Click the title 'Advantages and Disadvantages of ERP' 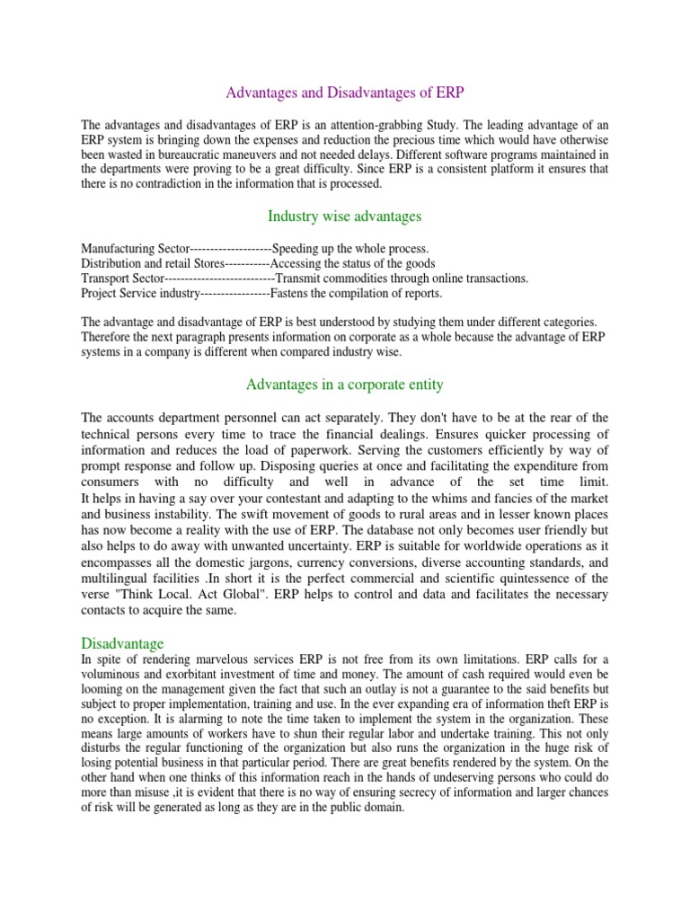point(344,92)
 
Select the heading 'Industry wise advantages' point(344,216)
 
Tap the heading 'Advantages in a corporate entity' point(344,385)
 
